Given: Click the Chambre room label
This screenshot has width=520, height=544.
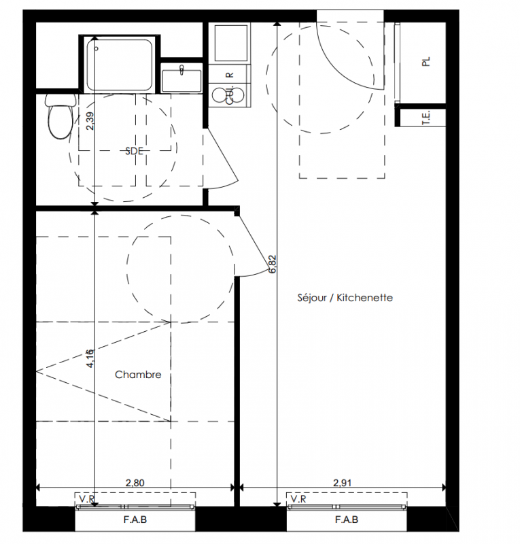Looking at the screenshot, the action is [x=138, y=375].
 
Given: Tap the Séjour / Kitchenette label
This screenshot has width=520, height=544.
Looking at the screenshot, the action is [x=345, y=298].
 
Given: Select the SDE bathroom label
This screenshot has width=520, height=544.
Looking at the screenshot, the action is [x=135, y=151].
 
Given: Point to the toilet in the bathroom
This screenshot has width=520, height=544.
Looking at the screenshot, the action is [x=60, y=116].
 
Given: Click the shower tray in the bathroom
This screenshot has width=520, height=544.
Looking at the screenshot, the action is [x=120, y=64].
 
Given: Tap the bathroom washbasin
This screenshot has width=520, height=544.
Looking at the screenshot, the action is [x=181, y=80].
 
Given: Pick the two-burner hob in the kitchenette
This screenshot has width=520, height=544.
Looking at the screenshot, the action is [x=229, y=95].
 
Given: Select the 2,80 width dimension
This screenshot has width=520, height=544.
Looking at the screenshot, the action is [x=135, y=483].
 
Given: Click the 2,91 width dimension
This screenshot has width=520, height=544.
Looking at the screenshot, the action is [x=343, y=483].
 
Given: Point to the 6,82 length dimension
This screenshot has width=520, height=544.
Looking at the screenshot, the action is [x=273, y=265].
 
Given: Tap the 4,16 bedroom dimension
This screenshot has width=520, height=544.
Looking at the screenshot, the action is [x=90, y=358].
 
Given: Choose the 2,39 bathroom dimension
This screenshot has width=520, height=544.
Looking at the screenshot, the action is [x=90, y=122].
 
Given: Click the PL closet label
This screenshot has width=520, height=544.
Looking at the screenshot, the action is [x=426, y=62].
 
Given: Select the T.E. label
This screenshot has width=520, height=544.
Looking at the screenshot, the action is [x=426, y=118].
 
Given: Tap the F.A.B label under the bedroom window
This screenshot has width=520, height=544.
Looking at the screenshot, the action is [x=135, y=520].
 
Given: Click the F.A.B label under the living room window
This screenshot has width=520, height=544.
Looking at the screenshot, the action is [x=347, y=520].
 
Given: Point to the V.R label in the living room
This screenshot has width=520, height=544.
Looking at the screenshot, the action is [x=298, y=499].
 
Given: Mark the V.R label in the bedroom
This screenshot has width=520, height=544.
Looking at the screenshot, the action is [x=87, y=499].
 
